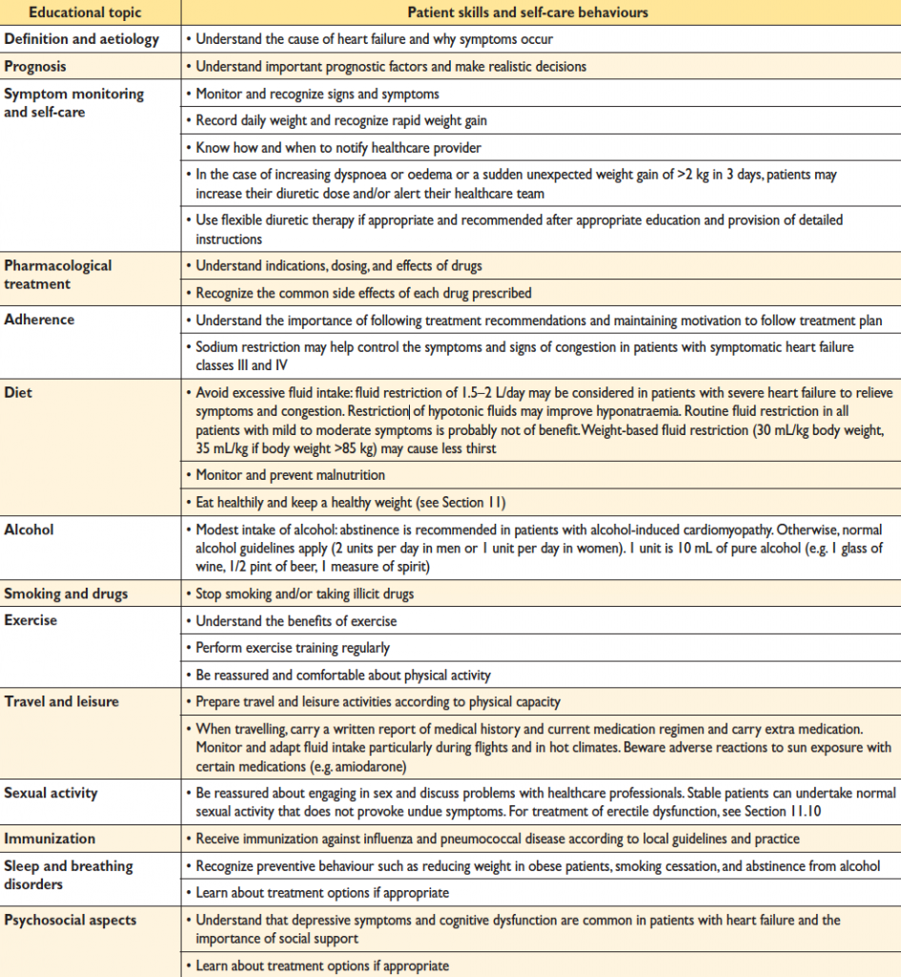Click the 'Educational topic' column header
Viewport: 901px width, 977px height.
point(72,12)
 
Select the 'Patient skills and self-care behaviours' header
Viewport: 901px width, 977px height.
point(540,12)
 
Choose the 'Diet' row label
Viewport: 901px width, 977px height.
point(19,391)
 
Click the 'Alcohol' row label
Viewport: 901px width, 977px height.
point(31,530)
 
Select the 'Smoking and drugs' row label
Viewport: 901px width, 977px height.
point(66,593)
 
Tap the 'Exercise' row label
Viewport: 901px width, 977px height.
point(31,620)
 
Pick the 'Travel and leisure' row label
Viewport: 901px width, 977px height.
point(61,701)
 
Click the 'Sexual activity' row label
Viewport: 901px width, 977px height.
point(51,793)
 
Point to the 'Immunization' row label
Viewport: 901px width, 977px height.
point(50,839)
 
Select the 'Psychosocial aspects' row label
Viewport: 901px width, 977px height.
point(70,920)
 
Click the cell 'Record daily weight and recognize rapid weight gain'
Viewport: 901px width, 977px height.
point(355,121)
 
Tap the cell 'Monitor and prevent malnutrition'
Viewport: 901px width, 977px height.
point(290,474)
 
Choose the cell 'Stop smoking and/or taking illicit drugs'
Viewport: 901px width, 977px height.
point(305,593)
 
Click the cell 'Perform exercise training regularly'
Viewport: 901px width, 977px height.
point(293,648)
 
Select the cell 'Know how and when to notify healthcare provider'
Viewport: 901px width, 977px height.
point(338,148)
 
